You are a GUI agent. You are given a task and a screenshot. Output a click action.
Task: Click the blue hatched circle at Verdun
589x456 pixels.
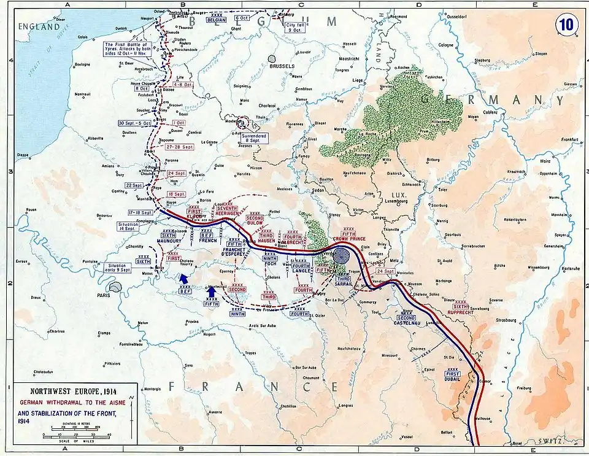341,255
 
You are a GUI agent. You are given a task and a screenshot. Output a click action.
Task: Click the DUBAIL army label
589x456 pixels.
452,378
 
